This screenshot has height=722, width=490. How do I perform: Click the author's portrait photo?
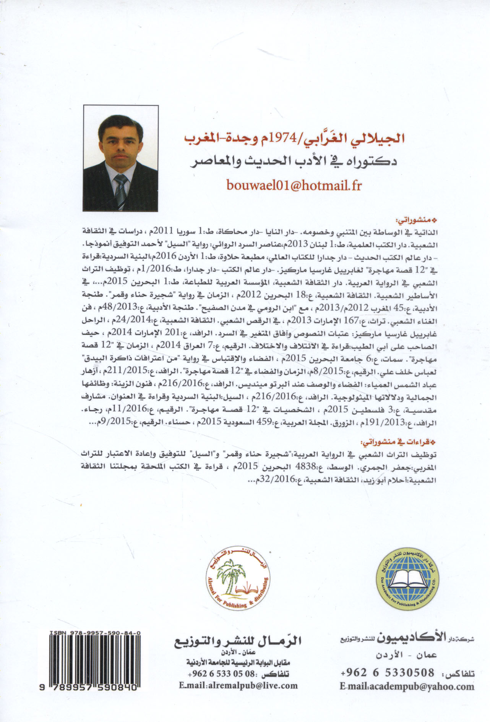tap(120, 158)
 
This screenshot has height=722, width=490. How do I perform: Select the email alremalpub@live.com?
tap(238, 685)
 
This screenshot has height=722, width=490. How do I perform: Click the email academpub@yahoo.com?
tap(407, 686)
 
